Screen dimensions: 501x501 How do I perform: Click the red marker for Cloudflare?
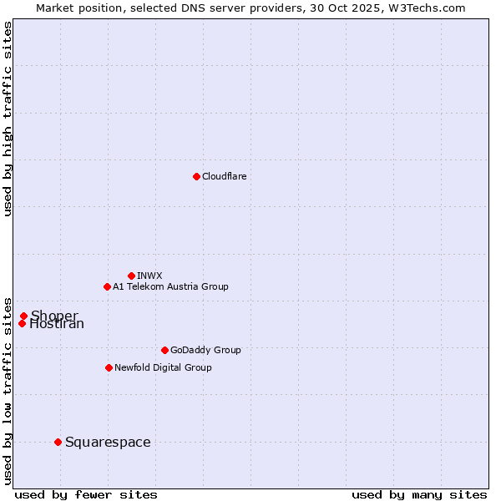[x=196, y=176]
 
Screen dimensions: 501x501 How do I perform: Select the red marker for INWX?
[x=131, y=276]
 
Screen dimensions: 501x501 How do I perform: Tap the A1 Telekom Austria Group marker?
[x=107, y=286]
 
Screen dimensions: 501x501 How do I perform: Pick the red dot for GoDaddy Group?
[x=164, y=350]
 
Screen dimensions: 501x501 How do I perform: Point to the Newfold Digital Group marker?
[x=109, y=367]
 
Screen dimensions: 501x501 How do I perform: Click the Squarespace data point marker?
[x=58, y=442]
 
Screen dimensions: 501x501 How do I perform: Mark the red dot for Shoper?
[x=23, y=316]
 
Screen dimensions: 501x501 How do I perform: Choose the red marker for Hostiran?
[x=22, y=324]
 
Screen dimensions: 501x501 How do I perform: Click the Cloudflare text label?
[x=224, y=176]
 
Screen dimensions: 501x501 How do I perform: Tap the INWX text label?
[x=149, y=276]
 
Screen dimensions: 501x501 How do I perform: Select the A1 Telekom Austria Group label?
[x=170, y=286]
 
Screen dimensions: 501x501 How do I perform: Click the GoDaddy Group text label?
[x=205, y=350]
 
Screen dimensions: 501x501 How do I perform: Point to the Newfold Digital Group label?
[x=163, y=367]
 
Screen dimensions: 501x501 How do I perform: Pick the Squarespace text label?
[x=108, y=443]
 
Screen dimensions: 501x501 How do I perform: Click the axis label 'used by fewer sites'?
[x=86, y=495]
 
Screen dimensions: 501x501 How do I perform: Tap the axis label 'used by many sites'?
[x=419, y=495]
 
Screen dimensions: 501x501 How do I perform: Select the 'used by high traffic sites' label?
[x=8, y=119]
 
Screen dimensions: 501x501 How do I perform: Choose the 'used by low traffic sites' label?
[x=8, y=390]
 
